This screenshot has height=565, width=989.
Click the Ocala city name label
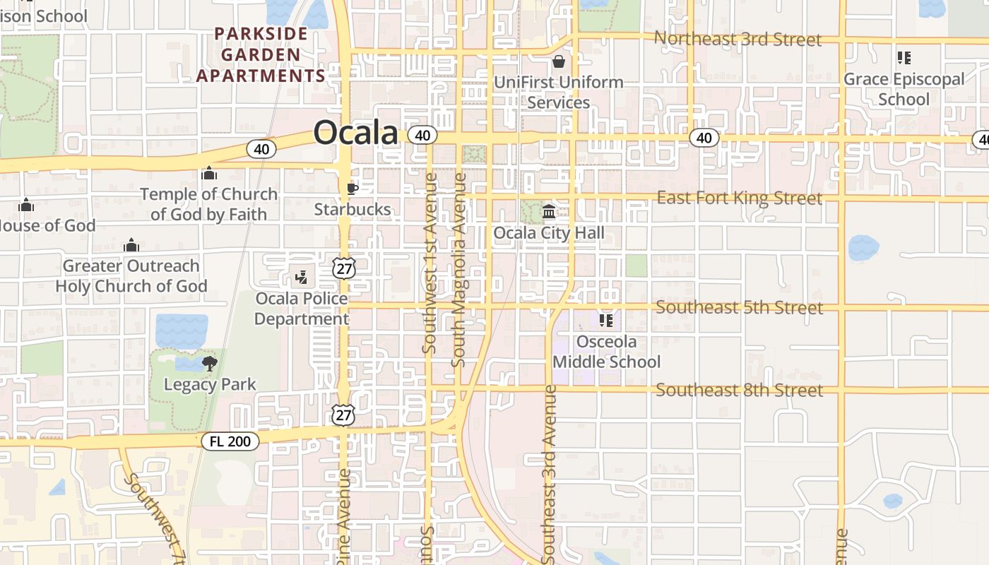355,133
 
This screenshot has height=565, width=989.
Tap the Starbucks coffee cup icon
352,189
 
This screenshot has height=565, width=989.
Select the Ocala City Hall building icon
549,211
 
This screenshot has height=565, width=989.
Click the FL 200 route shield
230,441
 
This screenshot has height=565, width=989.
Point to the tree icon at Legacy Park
209,364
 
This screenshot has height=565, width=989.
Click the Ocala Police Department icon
302,278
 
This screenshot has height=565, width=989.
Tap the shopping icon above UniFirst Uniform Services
559,61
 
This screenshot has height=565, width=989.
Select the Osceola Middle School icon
606,321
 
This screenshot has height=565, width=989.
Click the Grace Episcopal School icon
904,58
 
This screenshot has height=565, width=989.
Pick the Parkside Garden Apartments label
261,54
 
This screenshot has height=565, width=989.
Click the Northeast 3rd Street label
738,39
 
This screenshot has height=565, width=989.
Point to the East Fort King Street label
740,198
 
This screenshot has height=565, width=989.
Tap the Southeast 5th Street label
740,307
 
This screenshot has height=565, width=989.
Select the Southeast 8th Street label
740,390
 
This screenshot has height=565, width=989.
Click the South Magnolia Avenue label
458,270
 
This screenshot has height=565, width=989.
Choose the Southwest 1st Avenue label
429,263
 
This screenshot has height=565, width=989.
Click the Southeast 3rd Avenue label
550,473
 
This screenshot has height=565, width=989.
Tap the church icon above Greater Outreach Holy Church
131,246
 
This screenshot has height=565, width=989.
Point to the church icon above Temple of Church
209,173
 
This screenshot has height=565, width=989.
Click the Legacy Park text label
210,385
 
